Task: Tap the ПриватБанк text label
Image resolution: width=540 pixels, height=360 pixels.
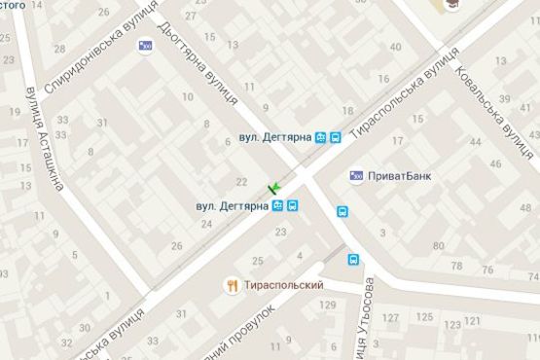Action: tap(401, 176)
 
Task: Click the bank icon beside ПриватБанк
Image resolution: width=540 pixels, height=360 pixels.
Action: tap(357, 176)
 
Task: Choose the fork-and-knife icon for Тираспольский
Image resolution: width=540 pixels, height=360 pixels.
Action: tap(232, 285)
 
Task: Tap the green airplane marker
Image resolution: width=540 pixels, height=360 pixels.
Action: tap(274, 187)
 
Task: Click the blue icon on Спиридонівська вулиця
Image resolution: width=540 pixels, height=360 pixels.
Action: tap(146, 45)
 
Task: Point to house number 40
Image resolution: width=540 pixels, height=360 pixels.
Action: tap(395, 47)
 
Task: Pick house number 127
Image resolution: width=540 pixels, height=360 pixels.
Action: tap(391, 318)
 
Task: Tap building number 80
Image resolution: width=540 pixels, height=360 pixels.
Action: tap(440, 244)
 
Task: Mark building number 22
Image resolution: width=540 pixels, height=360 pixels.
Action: tap(242, 182)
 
